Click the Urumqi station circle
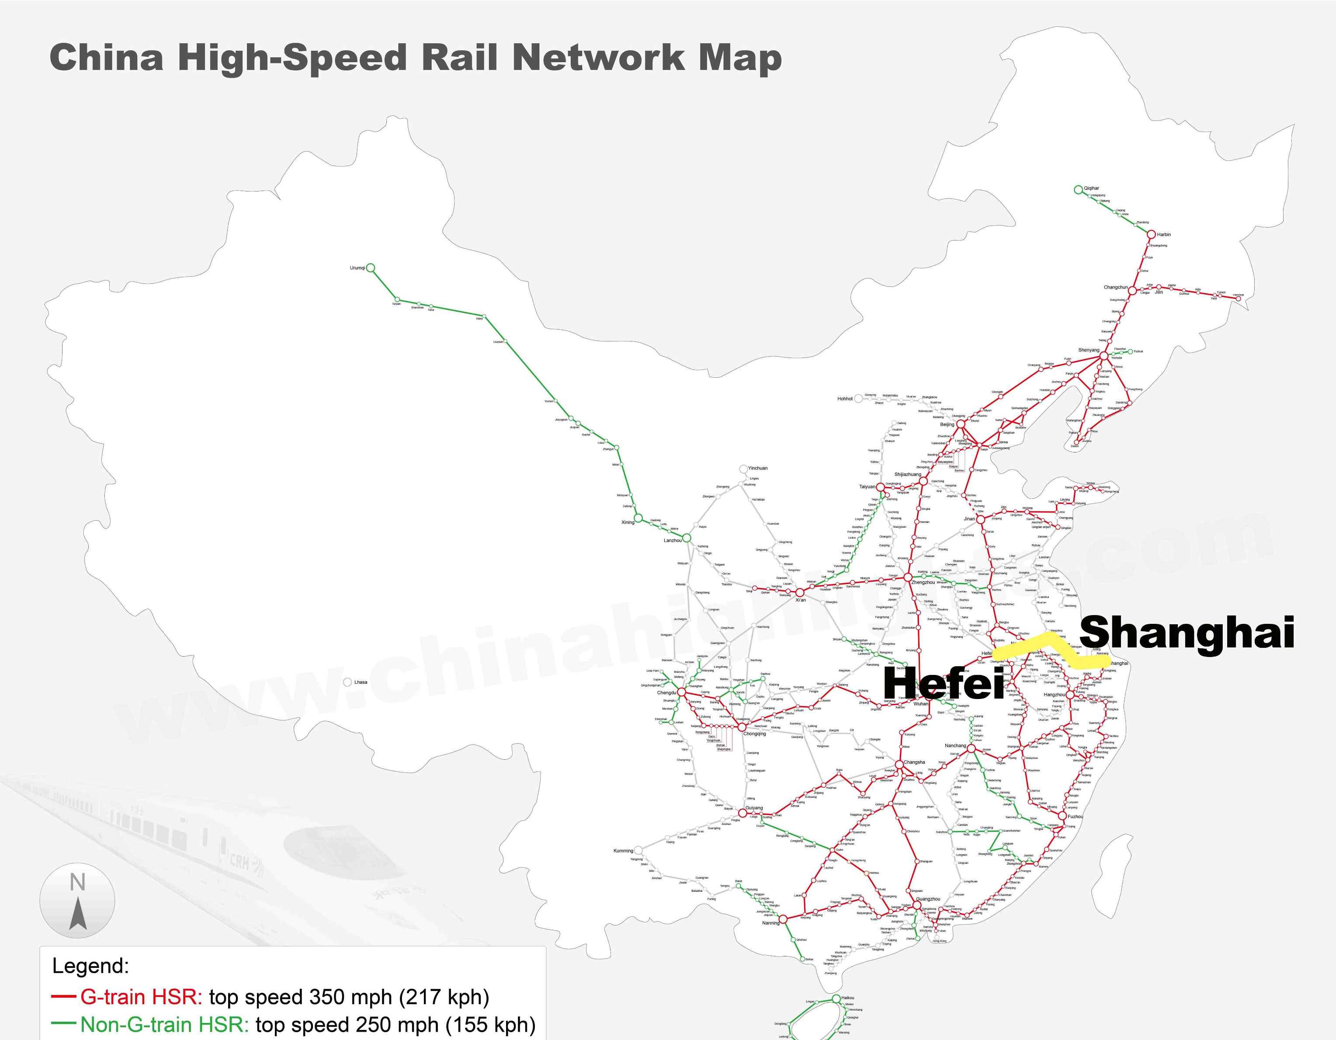[x=370, y=268]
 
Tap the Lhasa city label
[x=361, y=682]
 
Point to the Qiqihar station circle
[x=1078, y=190]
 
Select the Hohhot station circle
[x=858, y=398]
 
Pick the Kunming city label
[x=623, y=850]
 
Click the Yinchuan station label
[x=758, y=468]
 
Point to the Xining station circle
[x=638, y=518]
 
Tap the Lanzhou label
[x=672, y=540]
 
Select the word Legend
[x=90, y=966]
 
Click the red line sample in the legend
[x=64, y=997]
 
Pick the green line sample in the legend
[x=64, y=1023]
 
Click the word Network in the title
[x=599, y=58]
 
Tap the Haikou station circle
[x=836, y=998]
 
